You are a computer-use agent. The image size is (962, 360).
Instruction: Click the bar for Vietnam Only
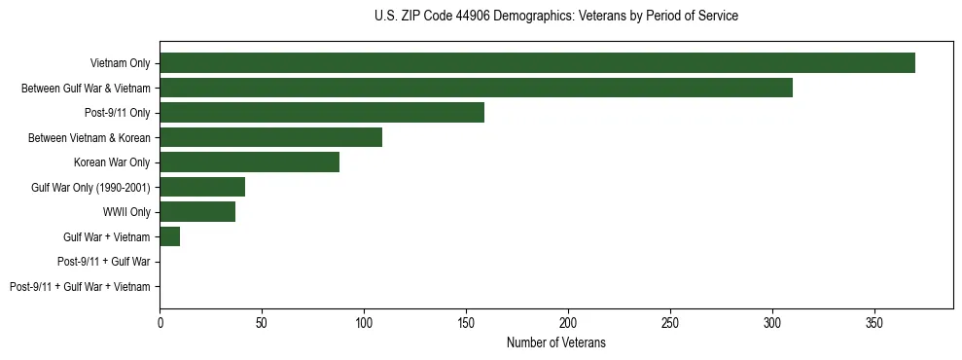click(x=537, y=63)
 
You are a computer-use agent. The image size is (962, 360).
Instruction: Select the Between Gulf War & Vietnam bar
click(x=476, y=88)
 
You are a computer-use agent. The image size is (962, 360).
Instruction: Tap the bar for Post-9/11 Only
click(x=322, y=113)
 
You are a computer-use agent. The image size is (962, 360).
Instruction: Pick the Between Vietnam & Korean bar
click(x=270, y=137)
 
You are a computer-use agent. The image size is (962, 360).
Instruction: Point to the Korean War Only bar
click(x=249, y=162)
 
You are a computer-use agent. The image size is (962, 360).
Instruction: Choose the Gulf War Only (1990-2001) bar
click(x=202, y=187)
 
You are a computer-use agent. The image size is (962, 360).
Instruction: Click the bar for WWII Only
click(x=197, y=212)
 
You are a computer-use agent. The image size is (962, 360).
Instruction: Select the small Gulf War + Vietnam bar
click(x=170, y=236)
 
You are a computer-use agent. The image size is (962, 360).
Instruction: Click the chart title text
click(x=555, y=17)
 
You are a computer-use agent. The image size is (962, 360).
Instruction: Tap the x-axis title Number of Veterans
click(x=555, y=342)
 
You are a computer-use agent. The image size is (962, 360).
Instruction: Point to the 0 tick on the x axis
click(x=160, y=320)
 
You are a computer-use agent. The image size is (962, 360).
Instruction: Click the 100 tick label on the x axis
click(x=364, y=320)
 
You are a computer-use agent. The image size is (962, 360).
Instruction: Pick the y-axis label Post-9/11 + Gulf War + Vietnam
click(x=80, y=287)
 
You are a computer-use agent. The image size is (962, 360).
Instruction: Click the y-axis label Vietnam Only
click(x=121, y=63)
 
